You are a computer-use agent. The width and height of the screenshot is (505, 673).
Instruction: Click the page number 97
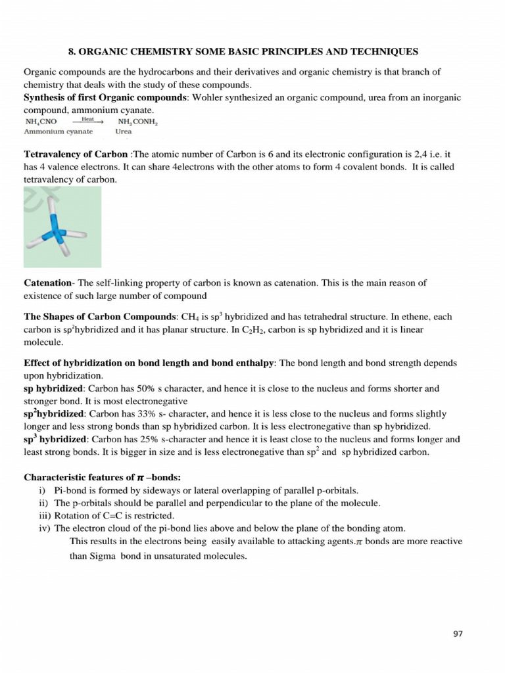pyautogui.click(x=458, y=634)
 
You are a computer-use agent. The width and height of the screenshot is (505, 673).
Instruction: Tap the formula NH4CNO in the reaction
pyautogui.click(x=41, y=122)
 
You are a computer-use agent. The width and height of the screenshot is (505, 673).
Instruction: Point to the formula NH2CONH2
pyautogui.click(x=137, y=122)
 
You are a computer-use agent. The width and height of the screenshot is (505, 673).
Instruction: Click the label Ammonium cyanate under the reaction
pyautogui.click(x=59, y=131)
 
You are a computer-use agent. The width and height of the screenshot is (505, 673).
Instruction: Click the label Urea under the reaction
pyautogui.click(x=124, y=131)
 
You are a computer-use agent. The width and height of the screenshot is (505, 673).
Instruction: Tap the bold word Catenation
pyautogui.click(x=47, y=283)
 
